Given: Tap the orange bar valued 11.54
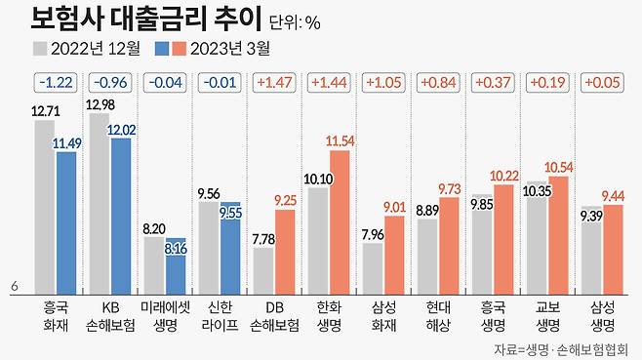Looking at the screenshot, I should tap(339, 220).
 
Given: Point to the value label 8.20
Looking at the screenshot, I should tap(153, 228).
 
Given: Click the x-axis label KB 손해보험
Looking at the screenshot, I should tap(109, 313).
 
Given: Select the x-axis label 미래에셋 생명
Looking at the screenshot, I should tap(164, 313).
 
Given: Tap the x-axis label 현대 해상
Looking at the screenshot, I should tap(437, 313).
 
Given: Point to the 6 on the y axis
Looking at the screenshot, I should tap(15, 286).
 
